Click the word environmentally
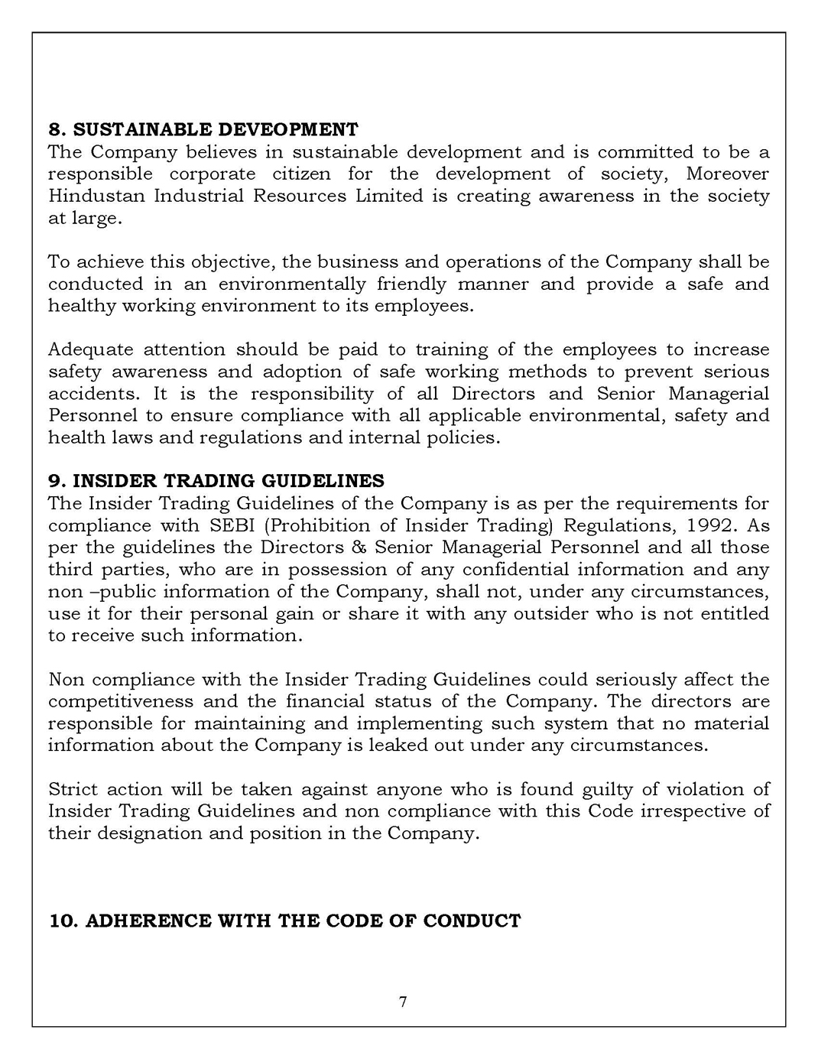[292, 284]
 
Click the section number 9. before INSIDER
[57, 481]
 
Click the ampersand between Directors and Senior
[359, 547]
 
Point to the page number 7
[403, 1002]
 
